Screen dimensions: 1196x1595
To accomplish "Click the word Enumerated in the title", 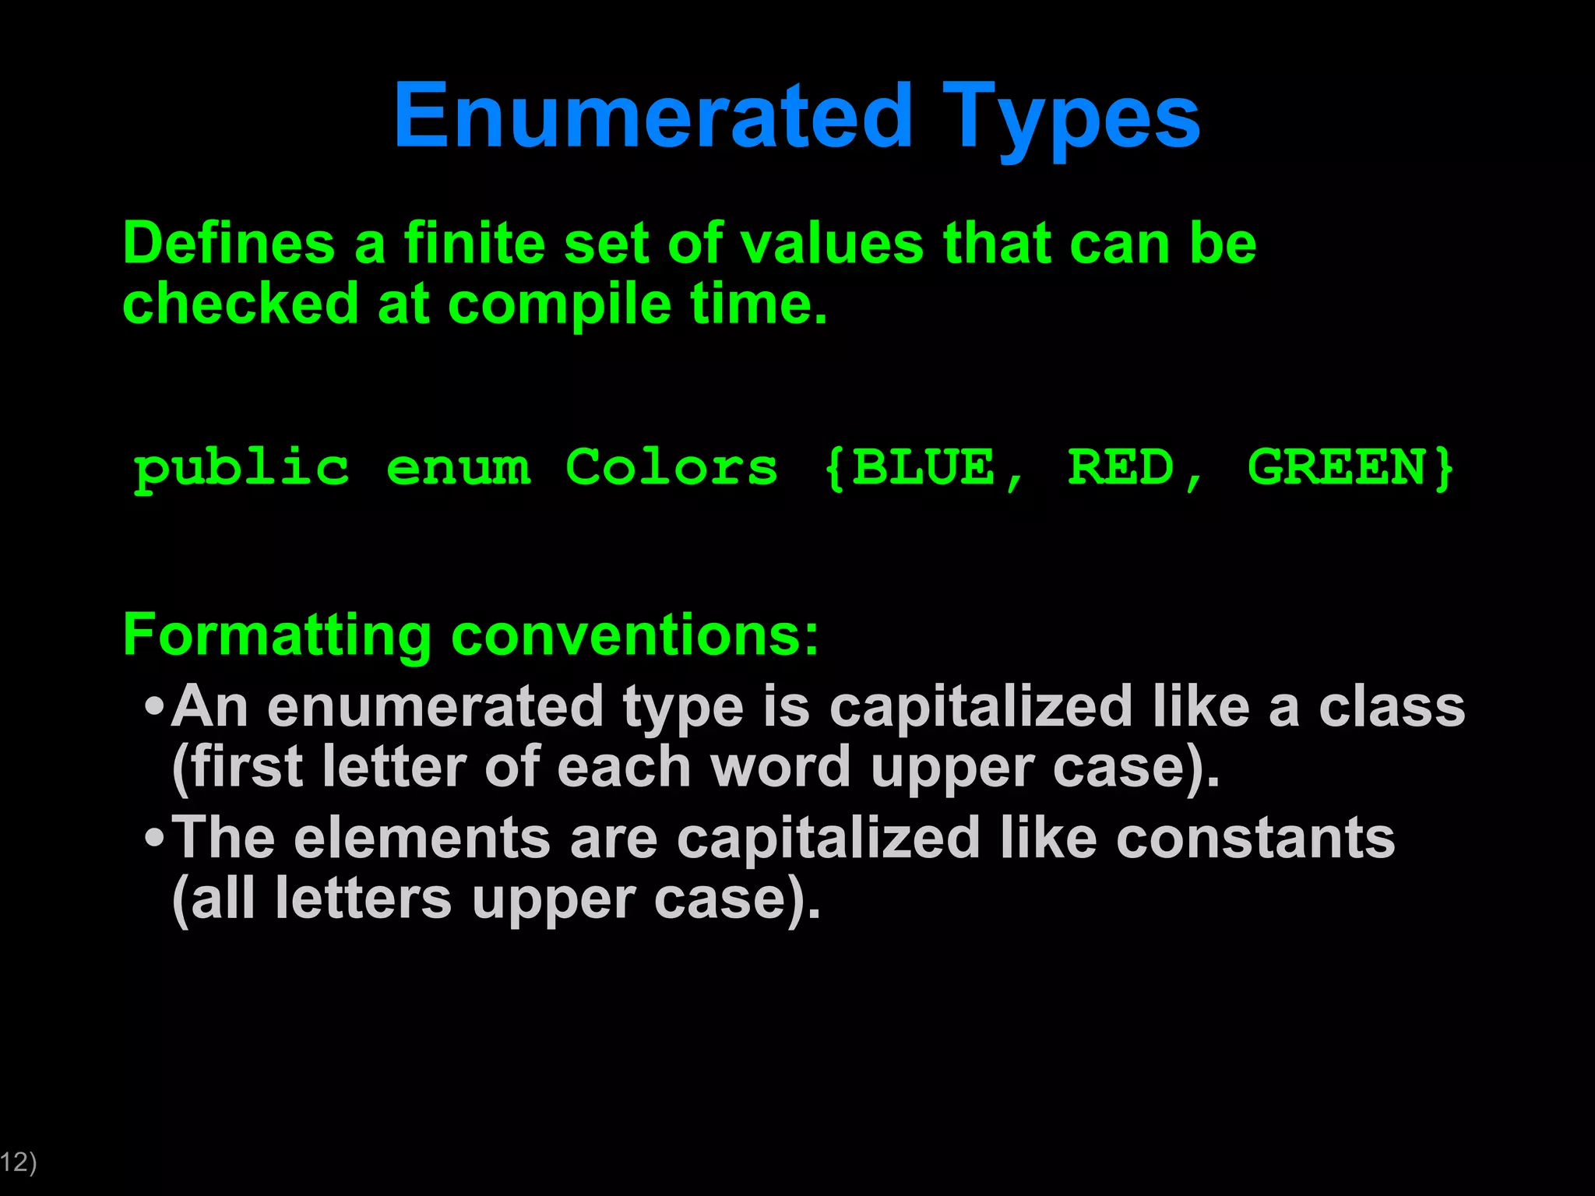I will pos(653,117).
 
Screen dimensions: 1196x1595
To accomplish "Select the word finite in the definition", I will pos(475,244).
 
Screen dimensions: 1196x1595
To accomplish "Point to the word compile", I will pos(559,304).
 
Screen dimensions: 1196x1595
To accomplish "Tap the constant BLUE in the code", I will pos(924,467).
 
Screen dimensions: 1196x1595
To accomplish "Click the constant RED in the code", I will pos(1121,467).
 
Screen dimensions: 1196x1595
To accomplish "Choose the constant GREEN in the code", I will pos(1336,467).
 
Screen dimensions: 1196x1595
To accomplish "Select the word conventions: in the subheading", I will pos(635,635).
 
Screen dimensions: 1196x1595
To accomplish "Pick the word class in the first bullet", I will pos(1392,707).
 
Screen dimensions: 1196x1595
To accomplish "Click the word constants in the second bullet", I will pos(1255,839).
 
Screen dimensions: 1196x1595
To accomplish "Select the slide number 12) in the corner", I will pos(18,1162).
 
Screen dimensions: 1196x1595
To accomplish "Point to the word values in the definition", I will pos(831,244).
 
